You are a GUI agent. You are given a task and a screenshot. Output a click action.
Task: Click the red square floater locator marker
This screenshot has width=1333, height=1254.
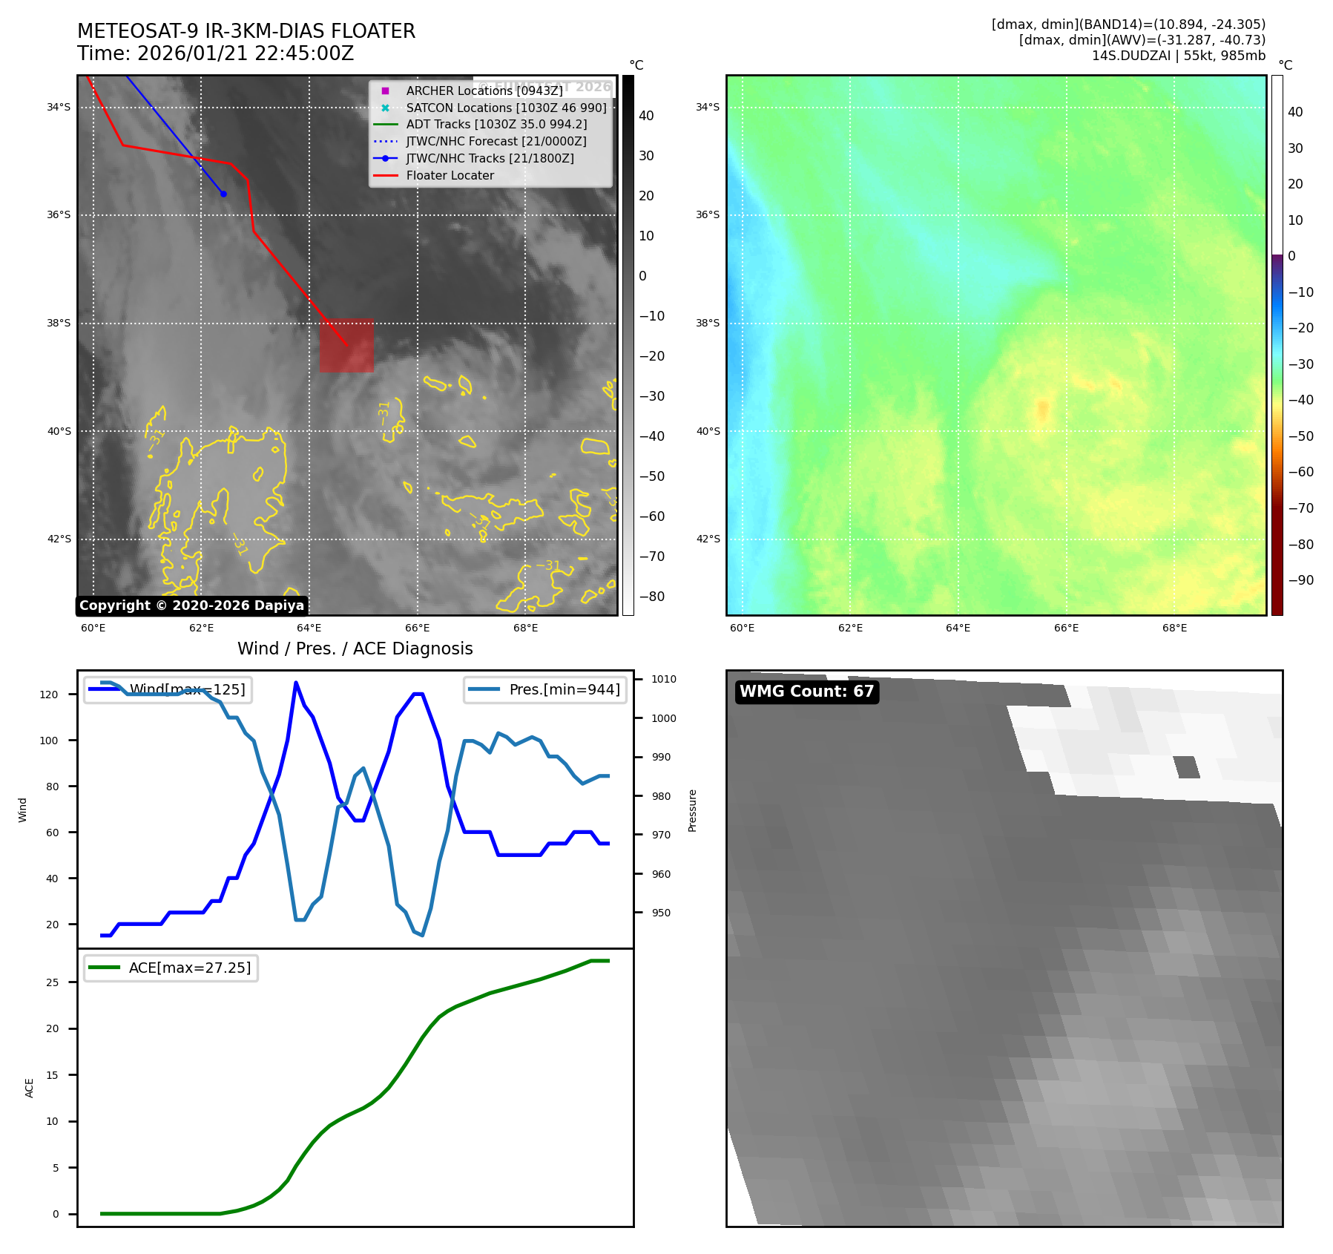coord(346,346)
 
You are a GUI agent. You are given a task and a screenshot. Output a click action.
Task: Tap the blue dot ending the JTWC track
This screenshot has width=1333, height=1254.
coord(223,194)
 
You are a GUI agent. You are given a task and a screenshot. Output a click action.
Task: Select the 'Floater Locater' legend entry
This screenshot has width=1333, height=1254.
coord(450,176)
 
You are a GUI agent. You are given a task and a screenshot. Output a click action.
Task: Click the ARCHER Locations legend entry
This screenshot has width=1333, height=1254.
coord(484,91)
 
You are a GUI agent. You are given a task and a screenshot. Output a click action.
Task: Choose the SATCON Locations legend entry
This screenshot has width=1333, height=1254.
coord(506,108)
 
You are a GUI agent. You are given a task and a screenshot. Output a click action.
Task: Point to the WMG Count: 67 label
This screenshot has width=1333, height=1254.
coord(806,692)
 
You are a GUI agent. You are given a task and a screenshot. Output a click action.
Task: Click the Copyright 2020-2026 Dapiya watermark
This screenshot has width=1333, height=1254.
coord(191,605)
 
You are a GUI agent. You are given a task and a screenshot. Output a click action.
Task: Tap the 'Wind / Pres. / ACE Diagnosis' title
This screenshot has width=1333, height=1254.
coord(355,649)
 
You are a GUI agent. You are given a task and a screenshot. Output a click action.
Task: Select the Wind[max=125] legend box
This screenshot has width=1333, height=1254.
coord(168,689)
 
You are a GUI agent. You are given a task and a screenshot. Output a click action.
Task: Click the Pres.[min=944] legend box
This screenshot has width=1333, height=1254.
coord(545,689)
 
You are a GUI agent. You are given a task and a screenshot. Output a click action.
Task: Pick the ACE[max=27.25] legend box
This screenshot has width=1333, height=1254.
coord(171,968)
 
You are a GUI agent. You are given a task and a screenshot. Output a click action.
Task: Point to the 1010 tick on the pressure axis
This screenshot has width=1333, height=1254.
coord(664,679)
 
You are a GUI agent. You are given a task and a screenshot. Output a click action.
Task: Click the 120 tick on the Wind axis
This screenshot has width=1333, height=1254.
coord(49,695)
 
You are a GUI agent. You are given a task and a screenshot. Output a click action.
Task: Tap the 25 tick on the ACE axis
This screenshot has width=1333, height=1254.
coord(52,982)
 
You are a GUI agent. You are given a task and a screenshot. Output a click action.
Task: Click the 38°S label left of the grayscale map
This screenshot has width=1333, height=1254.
coord(59,324)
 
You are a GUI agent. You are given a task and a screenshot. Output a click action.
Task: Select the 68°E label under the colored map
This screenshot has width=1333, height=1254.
coord(1174,628)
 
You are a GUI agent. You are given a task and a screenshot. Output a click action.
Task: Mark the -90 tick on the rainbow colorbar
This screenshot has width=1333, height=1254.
coord(1301,580)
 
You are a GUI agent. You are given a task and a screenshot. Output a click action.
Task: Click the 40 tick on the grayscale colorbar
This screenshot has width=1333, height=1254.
coord(646,116)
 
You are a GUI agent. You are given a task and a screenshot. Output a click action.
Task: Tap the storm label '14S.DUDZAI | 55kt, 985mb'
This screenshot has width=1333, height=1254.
coord(1178,56)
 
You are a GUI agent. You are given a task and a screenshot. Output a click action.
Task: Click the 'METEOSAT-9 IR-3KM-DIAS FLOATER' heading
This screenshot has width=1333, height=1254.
coord(246,31)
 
